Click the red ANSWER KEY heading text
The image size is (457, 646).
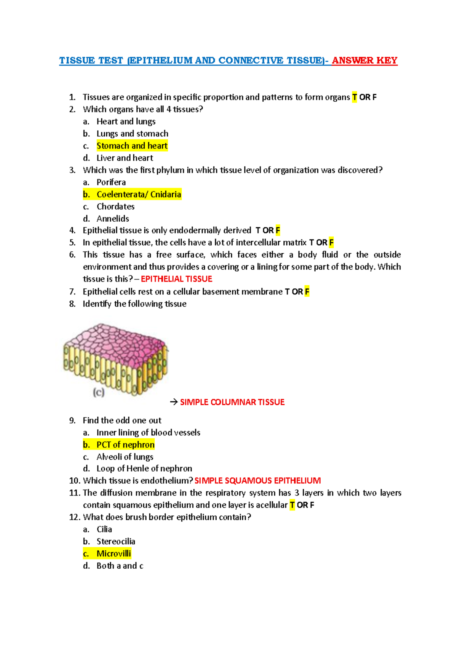point(364,61)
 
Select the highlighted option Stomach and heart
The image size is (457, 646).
point(132,146)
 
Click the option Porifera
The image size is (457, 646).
point(111,182)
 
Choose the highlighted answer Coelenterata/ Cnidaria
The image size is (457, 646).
point(139,195)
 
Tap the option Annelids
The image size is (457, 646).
point(113,219)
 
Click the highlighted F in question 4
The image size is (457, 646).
point(278,230)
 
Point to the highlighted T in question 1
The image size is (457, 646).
point(355,98)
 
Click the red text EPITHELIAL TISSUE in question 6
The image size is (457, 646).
point(176,279)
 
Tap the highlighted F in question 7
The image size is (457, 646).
point(307,292)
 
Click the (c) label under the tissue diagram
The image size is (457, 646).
point(99,392)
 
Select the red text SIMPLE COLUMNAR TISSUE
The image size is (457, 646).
point(232,402)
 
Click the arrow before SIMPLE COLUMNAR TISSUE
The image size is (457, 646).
point(174,402)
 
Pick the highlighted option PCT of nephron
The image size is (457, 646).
point(125,445)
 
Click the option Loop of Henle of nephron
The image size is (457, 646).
point(144,469)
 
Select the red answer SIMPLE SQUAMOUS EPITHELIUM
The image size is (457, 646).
point(257,481)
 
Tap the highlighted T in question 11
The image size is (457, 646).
point(292,505)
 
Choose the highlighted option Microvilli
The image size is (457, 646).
point(113,554)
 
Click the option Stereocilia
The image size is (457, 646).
point(116,542)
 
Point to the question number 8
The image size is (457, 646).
point(72,304)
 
